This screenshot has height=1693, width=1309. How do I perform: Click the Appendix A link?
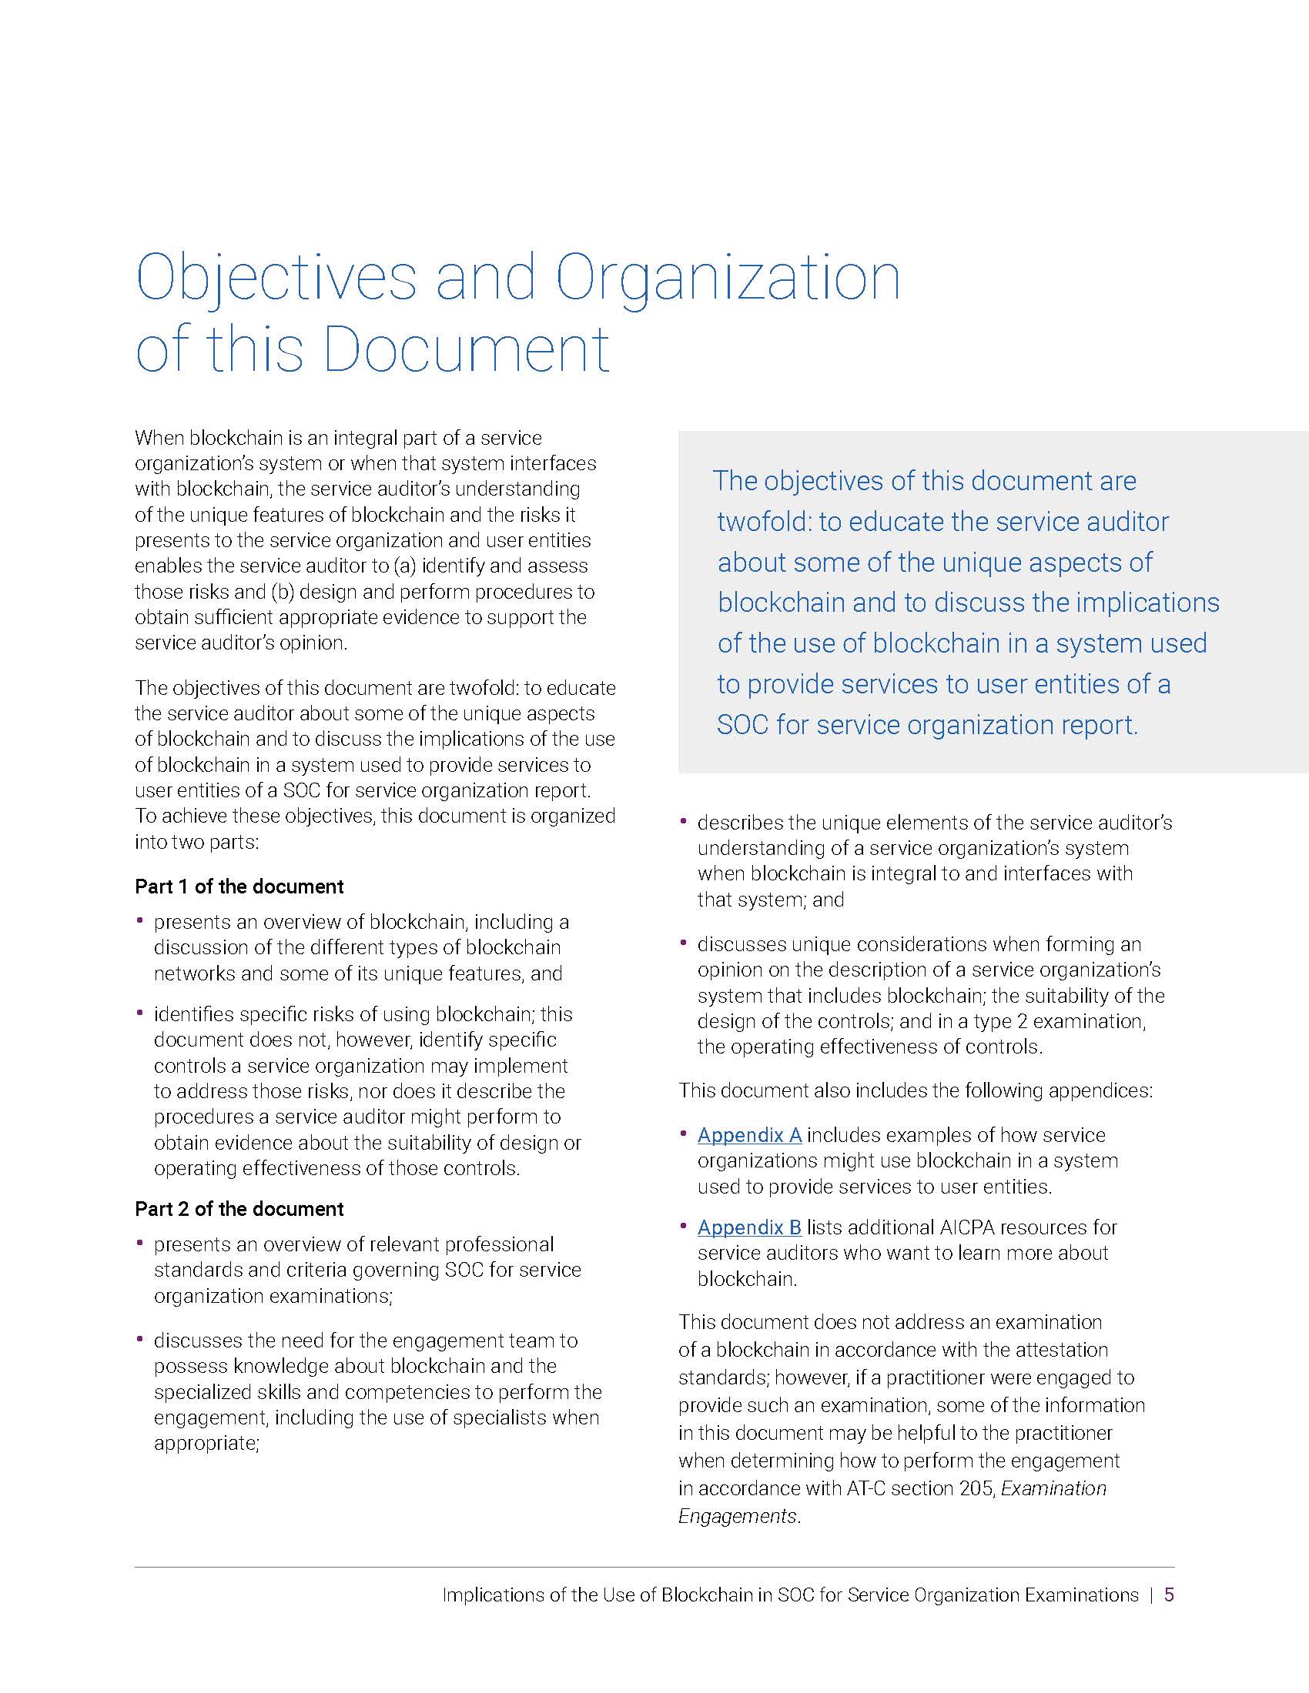click(x=749, y=1135)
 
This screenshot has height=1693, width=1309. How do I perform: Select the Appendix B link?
click(x=749, y=1227)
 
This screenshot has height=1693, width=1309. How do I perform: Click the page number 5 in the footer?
click(x=1170, y=1594)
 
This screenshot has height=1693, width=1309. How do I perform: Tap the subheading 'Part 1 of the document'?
click(x=239, y=886)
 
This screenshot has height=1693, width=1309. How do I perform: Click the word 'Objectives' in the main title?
click(x=276, y=279)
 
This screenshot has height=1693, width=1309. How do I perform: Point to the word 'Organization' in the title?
click(x=728, y=279)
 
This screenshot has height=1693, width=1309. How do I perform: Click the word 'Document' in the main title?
click(x=466, y=349)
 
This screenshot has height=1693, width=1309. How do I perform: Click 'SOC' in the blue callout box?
click(x=742, y=725)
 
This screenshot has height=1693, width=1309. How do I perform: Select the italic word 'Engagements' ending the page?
click(x=738, y=1515)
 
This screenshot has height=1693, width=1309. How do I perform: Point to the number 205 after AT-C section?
click(x=976, y=1488)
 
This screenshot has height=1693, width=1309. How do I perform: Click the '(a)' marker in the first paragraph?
click(x=406, y=566)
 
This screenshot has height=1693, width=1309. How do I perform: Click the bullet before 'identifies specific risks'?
click(x=140, y=1013)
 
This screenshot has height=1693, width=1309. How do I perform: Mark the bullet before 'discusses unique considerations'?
click(x=684, y=943)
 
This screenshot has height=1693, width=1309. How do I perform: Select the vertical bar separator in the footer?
click(x=1152, y=1594)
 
